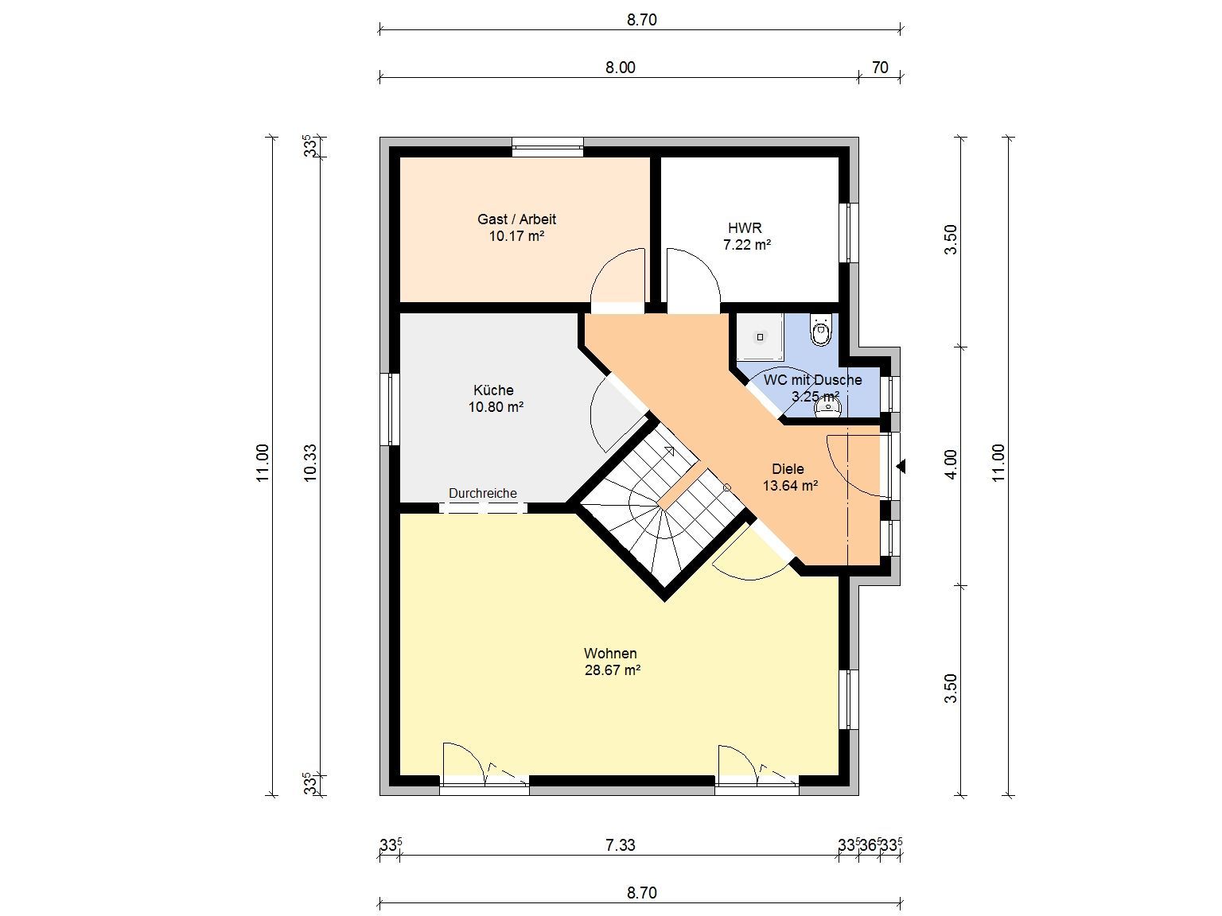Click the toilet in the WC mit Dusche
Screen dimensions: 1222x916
click(x=820, y=329)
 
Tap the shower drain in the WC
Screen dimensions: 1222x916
click(x=760, y=337)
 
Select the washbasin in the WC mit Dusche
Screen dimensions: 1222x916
click(x=828, y=408)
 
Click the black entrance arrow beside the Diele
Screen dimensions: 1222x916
click(x=901, y=466)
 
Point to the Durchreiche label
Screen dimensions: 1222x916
click(x=483, y=493)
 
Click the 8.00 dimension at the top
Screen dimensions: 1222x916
click(x=621, y=68)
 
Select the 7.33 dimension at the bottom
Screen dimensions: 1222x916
click(x=621, y=844)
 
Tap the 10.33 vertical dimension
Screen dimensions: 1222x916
click(x=310, y=463)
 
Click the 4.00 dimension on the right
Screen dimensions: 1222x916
click(x=951, y=464)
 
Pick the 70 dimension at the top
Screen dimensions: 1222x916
click(x=880, y=68)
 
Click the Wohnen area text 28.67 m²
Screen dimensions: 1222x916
click(x=613, y=670)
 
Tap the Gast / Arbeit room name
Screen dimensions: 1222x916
click(x=516, y=219)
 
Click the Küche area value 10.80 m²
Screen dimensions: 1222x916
click(x=496, y=407)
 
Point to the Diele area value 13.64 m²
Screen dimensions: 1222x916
click(x=790, y=486)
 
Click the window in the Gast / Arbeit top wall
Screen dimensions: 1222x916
click(x=548, y=147)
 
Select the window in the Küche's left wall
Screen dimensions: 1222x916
click(x=390, y=409)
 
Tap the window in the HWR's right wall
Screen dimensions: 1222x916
click(x=849, y=232)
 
